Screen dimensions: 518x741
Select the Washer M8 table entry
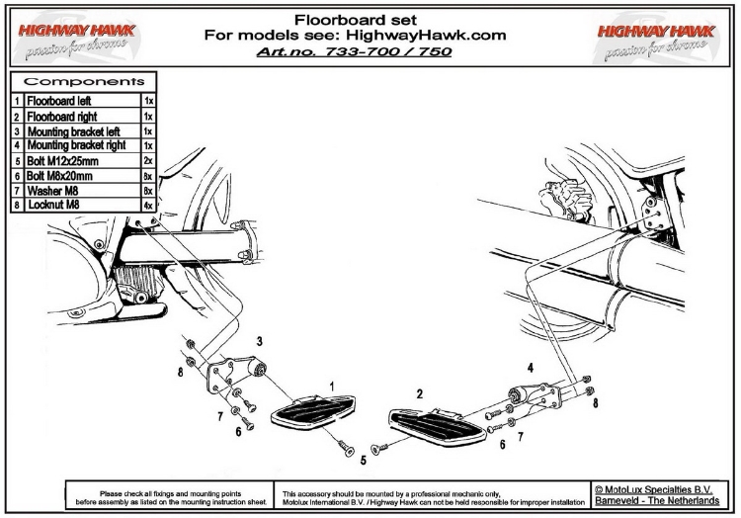click(x=50, y=189)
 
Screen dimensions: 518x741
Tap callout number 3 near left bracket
click(x=259, y=341)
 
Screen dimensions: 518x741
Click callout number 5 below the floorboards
click(x=363, y=459)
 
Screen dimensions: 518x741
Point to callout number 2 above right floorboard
click(x=420, y=394)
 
